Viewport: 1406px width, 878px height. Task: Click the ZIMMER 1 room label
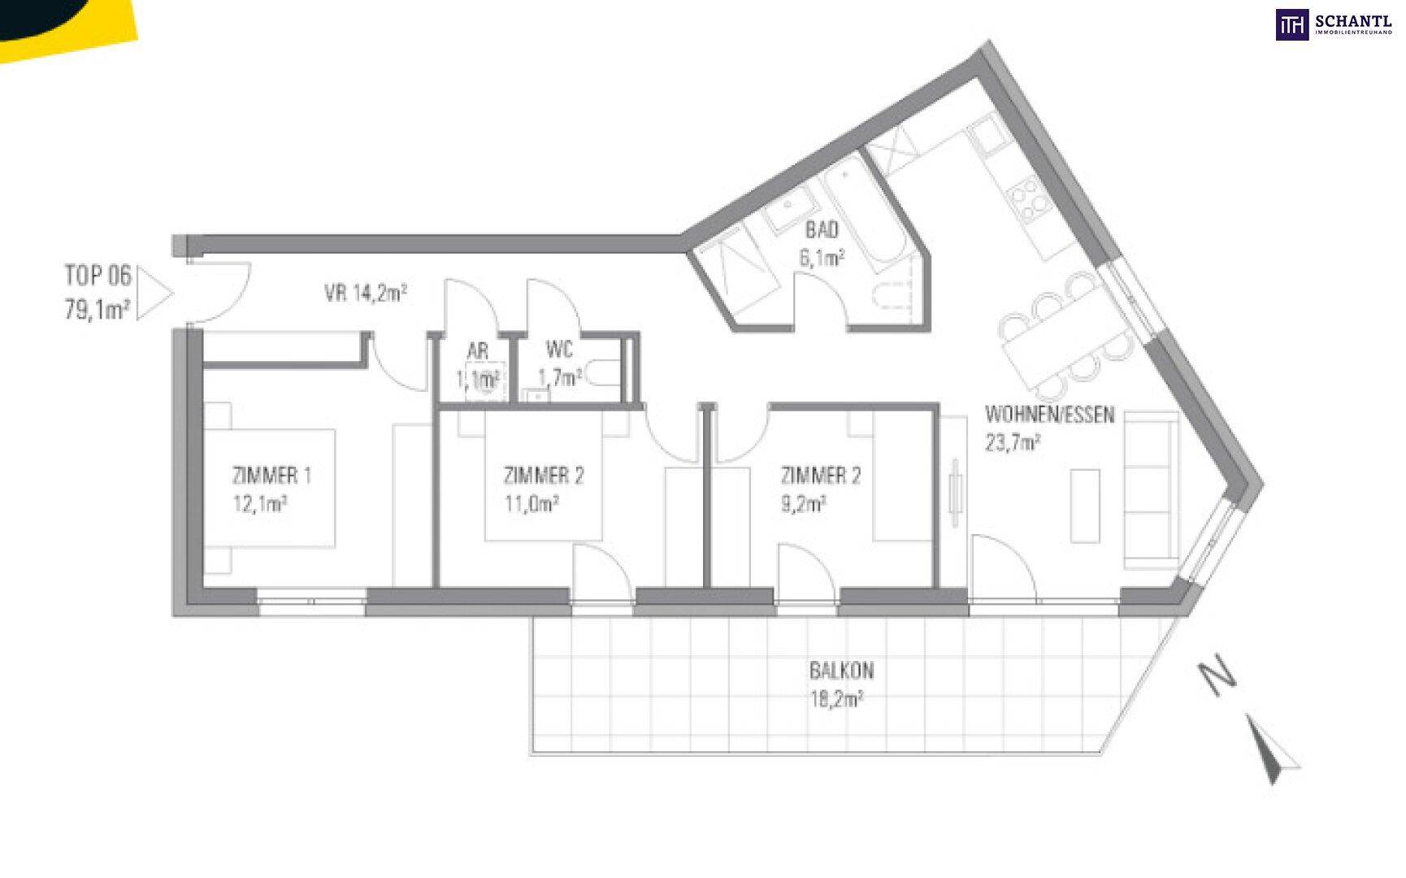tap(271, 476)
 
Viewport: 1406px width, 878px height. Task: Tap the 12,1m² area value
tap(260, 504)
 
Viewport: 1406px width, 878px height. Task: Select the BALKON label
tap(841, 671)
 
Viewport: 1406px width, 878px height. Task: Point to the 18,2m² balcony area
tap(836, 698)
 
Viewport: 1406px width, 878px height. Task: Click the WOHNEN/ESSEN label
tap(1049, 415)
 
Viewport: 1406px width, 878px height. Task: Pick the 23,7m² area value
tap(1013, 443)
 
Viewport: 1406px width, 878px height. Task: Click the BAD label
tap(821, 230)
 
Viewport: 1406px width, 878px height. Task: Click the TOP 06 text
tap(98, 276)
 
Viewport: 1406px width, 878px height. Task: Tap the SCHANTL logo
tap(1333, 25)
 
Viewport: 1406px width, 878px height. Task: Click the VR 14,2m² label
tap(366, 293)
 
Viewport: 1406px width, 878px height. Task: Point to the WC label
tap(559, 350)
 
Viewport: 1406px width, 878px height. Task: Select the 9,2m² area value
tap(804, 504)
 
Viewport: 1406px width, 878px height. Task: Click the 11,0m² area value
tap(532, 504)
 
